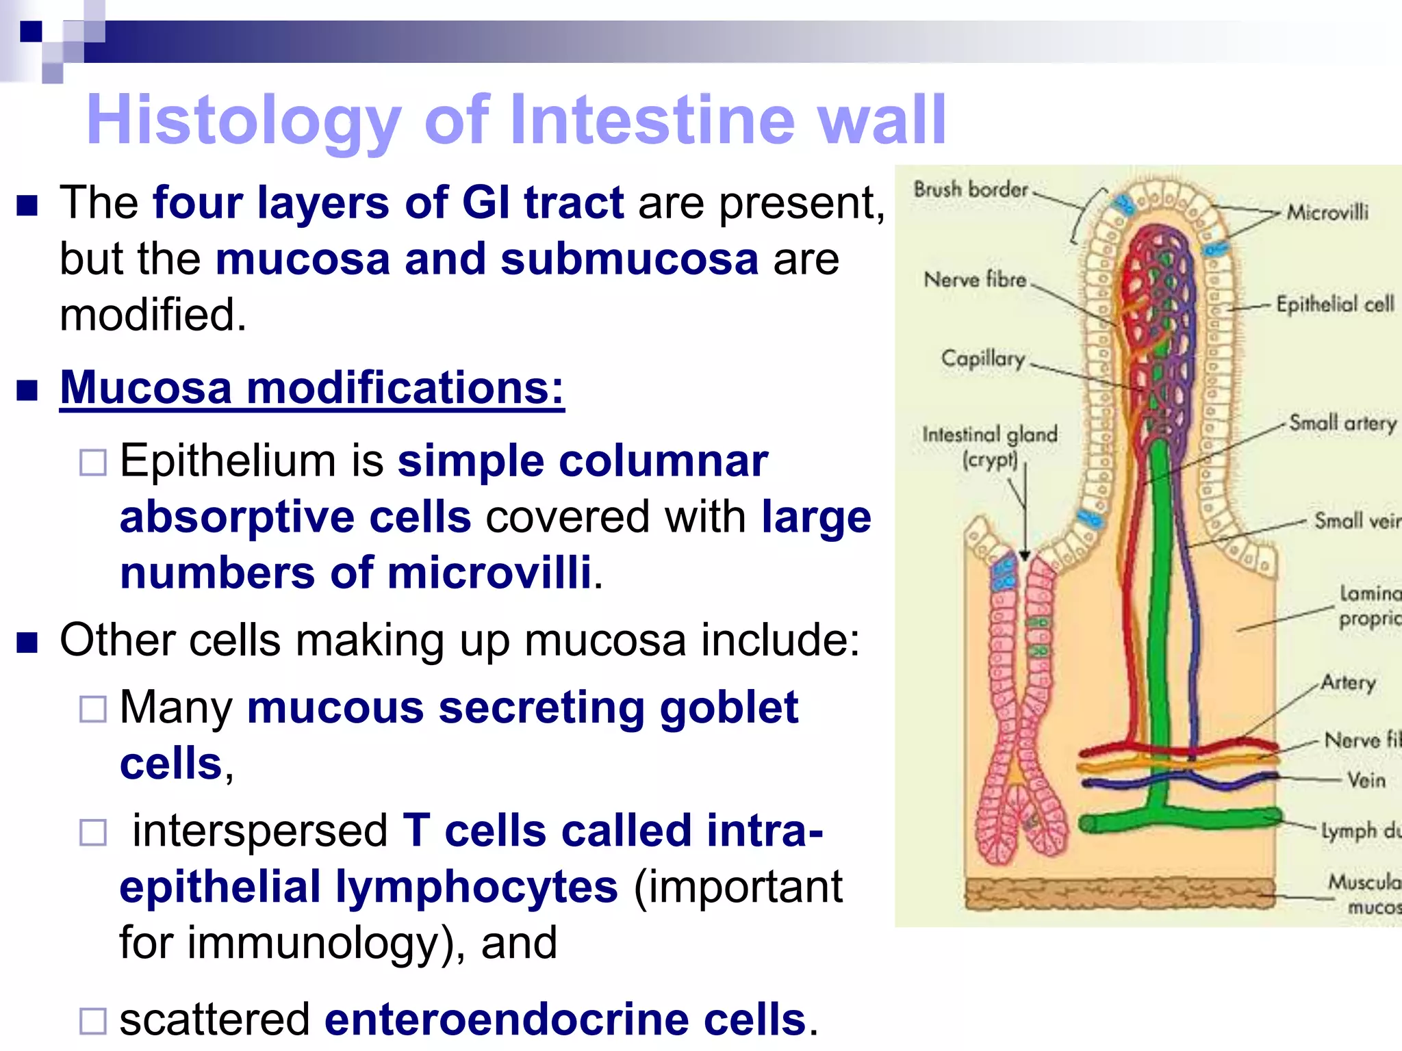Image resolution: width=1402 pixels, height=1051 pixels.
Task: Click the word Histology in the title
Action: point(243,121)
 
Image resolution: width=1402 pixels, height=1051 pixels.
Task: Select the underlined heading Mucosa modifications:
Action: point(312,388)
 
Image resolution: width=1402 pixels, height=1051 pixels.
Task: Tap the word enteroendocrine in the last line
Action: point(564,1019)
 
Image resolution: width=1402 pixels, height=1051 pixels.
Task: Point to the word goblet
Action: point(728,708)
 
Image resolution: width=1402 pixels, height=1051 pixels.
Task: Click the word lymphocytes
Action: point(476,887)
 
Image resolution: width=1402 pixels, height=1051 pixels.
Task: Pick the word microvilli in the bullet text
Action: point(489,573)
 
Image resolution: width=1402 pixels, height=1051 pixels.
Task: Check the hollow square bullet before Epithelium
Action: point(93,463)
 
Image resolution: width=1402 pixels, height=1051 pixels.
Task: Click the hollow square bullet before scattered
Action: point(93,1021)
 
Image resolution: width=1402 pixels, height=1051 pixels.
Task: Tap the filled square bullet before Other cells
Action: point(27,642)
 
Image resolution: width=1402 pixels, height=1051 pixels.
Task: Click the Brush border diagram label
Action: point(970,190)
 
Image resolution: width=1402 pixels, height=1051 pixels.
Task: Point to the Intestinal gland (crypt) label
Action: point(990,446)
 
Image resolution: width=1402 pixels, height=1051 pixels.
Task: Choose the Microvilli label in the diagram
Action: point(1327,212)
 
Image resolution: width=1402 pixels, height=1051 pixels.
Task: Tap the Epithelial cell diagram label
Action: point(1335,304)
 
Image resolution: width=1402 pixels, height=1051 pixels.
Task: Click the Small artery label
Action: point(1342,424)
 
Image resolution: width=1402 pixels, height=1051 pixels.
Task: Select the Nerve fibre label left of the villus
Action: point(975,280)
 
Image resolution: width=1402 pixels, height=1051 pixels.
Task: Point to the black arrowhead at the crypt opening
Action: point(1025,556)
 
